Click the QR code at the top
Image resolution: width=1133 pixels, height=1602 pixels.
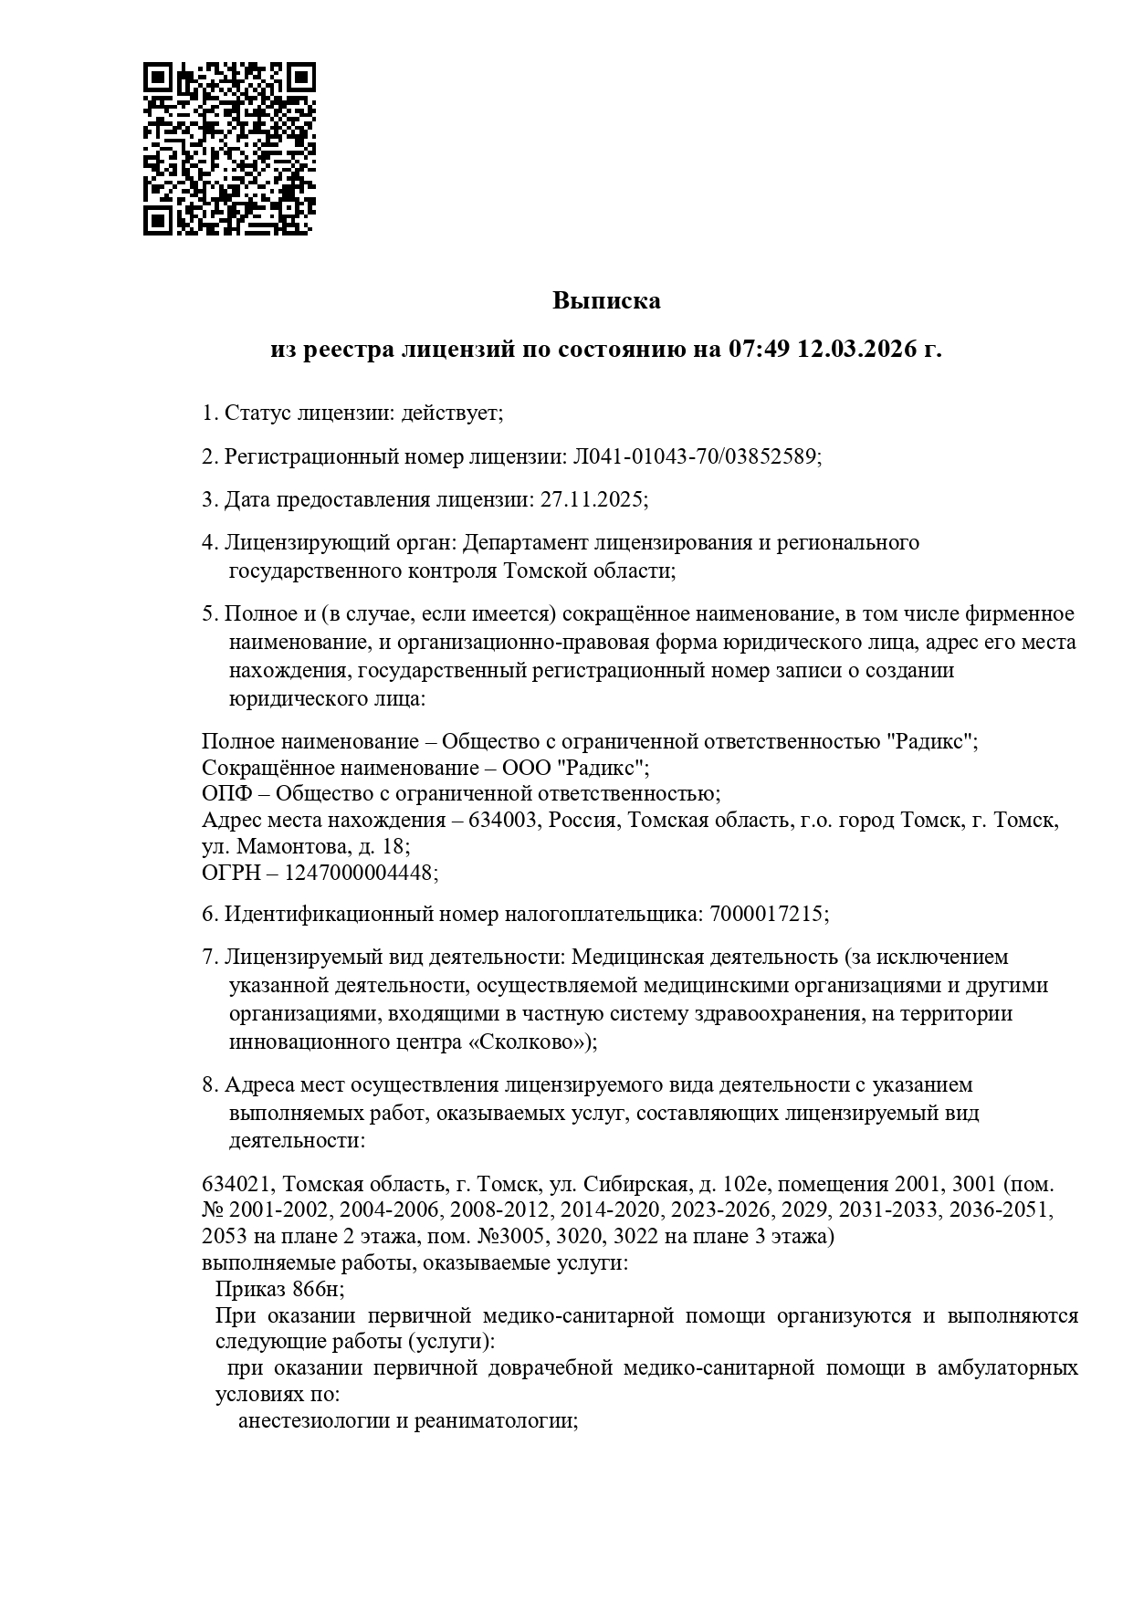(229, 149)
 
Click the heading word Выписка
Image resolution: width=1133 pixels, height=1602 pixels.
(605, 300)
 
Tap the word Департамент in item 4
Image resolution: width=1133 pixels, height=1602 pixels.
(526, 542)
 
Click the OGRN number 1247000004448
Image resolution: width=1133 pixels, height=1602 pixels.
(359, 873)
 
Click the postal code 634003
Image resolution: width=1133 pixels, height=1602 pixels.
(502, 820)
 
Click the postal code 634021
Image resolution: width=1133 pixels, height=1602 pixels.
(235, 1184)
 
